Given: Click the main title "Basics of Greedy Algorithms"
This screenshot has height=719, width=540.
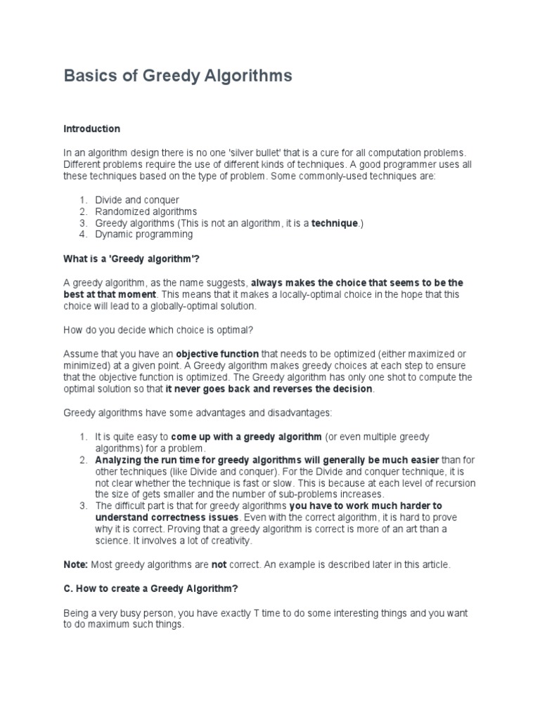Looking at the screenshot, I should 178,76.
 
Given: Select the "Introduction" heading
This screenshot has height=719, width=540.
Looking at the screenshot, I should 92,129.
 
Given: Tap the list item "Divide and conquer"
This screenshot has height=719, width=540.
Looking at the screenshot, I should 137,200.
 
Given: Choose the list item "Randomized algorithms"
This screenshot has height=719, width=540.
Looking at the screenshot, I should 146,211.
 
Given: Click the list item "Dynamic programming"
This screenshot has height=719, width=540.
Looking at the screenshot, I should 144,235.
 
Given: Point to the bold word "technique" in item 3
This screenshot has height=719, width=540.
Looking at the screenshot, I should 335,223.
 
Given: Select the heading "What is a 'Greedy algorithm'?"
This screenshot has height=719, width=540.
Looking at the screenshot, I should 131,260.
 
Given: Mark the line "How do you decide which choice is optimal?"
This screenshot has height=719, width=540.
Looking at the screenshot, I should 151,330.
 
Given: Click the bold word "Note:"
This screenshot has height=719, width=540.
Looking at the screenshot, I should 76,565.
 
